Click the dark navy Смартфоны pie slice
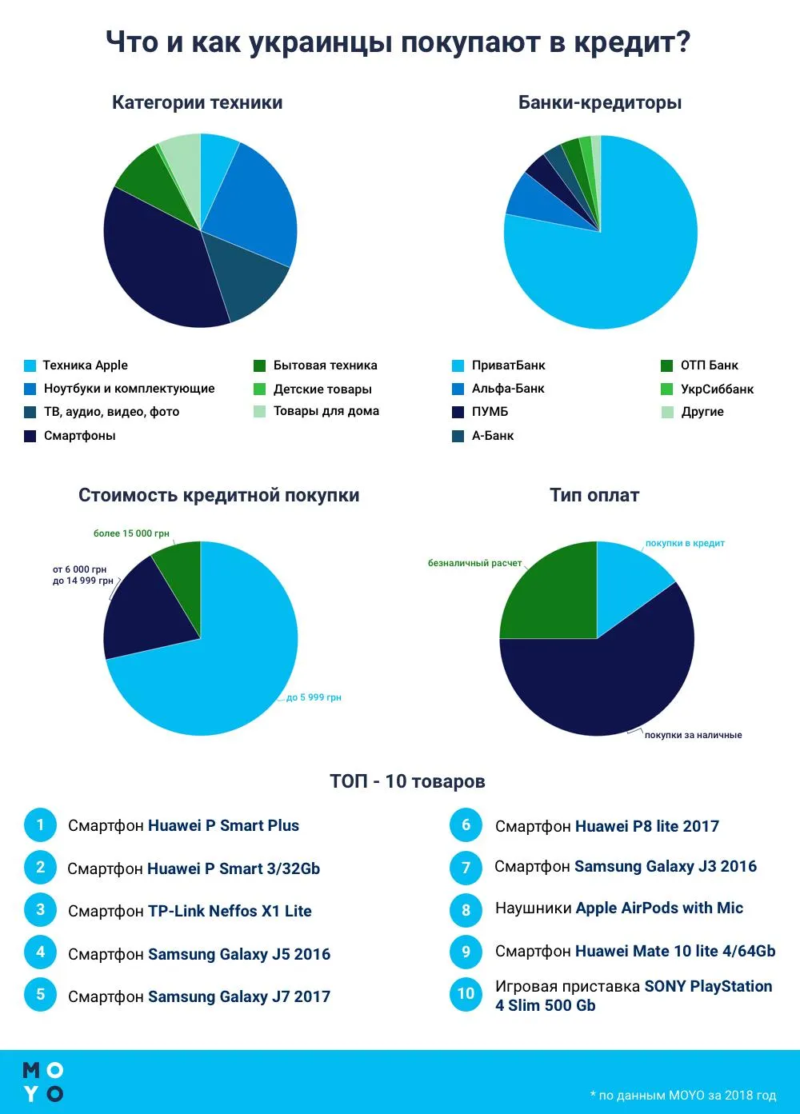(159, 269)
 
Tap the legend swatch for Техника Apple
(30, 365)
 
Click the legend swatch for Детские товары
(259, 389)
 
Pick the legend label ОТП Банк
(709, 365)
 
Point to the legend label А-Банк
(493, 436)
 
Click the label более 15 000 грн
(131, 533)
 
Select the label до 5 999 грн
(314, 697)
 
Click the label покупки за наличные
(693, 735)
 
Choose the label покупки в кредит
(685, 543)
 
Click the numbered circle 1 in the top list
(40, 825)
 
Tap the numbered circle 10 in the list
(466, 994)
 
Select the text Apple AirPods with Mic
(659, 908)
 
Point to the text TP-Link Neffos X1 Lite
(230, 911)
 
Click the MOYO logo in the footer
(42, 1082)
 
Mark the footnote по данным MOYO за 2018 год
(683, 1095)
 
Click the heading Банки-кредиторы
(599, 102)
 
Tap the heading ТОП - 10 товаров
(407, 781)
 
